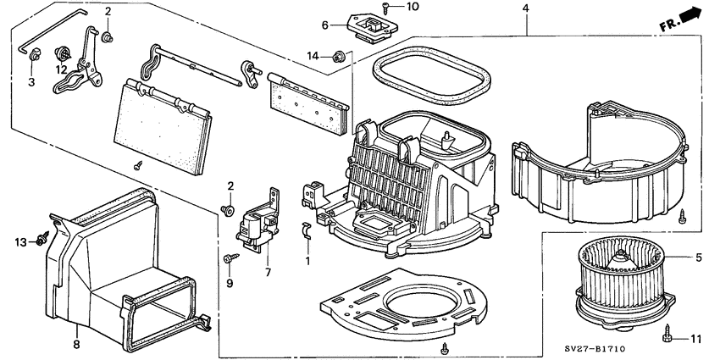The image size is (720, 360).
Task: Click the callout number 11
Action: click(x=697, y=339)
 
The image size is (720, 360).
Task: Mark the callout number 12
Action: click(x=62, y=69)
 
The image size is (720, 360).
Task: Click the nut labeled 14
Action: click(x=340, y=58)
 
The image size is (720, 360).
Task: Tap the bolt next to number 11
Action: click(x=669, y=337)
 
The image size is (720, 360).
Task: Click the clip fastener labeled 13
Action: click(x=41, y=242)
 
